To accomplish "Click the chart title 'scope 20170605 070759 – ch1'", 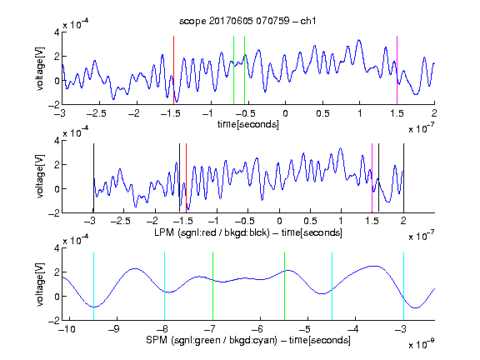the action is click(247, 21).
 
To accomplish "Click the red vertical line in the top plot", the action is click(173, 70).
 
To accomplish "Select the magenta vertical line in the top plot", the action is click(397, 70).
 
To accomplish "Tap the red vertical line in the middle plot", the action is click(186, 177).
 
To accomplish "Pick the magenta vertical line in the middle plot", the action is click(372, 177).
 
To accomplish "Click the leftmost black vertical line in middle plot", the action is click(93, 177).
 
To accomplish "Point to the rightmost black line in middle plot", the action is click(404, 177).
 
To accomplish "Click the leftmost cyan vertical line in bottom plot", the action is click(93, 286).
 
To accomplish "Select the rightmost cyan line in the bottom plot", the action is click(404, 286).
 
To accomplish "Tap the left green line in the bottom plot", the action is click(212, 286).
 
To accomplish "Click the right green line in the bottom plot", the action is click(285, 286).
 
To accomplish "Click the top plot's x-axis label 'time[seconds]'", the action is click(248, 124).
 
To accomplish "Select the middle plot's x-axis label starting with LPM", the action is click(248, 232).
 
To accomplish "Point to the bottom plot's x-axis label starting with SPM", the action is click(248, 340).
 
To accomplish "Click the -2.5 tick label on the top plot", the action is click(96, 114).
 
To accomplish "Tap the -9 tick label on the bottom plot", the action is click(113, 329).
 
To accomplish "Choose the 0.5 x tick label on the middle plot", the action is click(310, 221).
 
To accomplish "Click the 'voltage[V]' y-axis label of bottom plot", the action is click(40, 284).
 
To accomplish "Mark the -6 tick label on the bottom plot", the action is click(259, 329).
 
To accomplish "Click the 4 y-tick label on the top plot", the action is click(57, 32).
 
